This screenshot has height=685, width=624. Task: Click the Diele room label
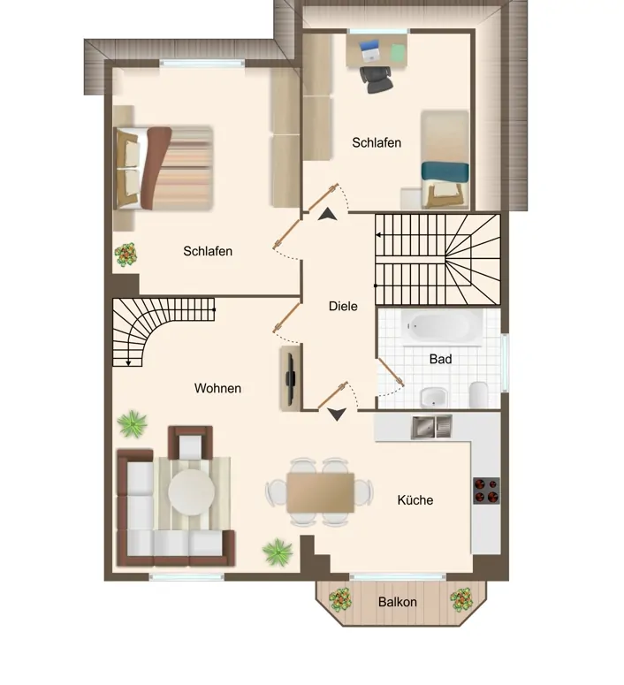point(343,307)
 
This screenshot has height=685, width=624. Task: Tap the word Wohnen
point(218,388)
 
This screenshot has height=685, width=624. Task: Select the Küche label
point(415,499)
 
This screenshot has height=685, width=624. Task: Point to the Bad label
point(440,359)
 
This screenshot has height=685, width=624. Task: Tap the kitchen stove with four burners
point(486,490)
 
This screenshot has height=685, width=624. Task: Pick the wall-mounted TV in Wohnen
point(289,377)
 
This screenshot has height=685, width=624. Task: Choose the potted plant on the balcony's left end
point(340,600)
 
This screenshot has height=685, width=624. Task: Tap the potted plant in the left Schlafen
point(126,255)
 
